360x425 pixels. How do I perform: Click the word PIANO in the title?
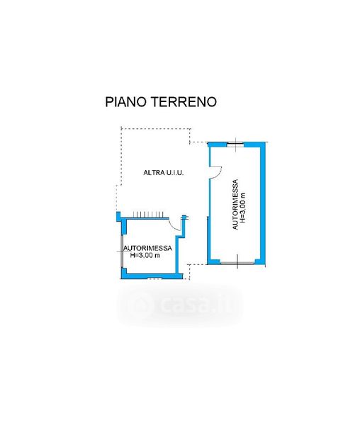point(126,102)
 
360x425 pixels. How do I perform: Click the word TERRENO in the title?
point(184,102)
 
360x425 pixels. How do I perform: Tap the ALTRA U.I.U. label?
point(164,172)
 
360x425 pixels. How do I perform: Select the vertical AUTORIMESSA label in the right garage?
point(235,205)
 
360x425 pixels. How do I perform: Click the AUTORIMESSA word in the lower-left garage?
point(147,248)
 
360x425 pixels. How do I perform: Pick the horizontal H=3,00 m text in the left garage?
point(145,255)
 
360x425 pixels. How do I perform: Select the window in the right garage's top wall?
point(235,144)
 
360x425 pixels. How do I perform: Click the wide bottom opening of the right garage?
point(237,263)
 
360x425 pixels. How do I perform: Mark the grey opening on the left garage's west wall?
point(123,251)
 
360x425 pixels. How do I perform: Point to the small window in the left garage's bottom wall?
point(154,278)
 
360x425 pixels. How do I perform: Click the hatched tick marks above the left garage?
point(147,215)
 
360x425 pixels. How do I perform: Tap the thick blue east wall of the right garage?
point(262,204)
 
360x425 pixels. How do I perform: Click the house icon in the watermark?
point(140,305)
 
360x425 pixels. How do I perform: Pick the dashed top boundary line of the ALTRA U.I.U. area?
point(156,129)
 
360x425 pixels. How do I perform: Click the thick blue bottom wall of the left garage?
point(152,276)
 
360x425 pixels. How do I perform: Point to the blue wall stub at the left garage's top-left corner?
point(118,216)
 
